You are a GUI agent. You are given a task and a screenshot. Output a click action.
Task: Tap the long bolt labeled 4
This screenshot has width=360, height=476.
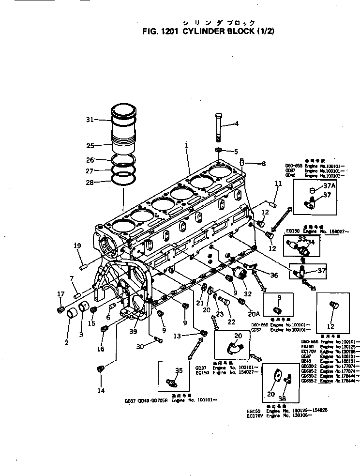tap(219, 127)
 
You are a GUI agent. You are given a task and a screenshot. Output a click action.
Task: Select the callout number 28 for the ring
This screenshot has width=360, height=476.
tap(90, 182)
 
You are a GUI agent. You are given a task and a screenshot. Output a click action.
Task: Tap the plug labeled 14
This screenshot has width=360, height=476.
tap(101, 369)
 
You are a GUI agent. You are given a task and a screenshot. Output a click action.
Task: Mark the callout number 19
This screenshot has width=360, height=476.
tap(77, 246)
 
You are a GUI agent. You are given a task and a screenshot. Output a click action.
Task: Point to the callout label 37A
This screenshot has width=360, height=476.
tap(330, 186)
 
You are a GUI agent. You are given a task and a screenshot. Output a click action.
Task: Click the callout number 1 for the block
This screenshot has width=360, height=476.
tap(186, 144)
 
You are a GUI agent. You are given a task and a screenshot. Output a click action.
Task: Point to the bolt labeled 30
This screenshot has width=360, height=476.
tap(158, 342)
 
